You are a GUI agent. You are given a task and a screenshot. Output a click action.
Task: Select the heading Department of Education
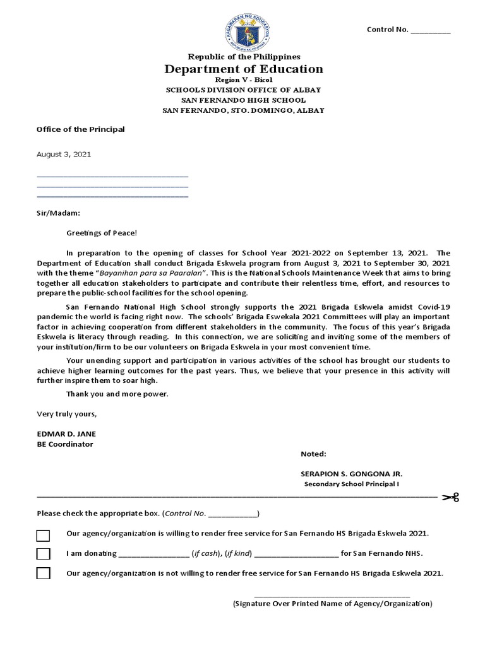coord(243,69)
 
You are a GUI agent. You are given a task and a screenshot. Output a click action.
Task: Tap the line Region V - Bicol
coord(243,81)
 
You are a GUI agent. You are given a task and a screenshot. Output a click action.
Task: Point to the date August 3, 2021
coord(59,153)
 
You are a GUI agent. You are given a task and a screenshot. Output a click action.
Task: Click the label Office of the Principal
coord(81,129)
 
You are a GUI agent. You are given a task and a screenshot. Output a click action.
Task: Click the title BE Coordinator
coord(65,444)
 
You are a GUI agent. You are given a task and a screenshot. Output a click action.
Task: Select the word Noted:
coord(314,454)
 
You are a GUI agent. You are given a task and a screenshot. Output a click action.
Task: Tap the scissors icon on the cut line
coord(450,497)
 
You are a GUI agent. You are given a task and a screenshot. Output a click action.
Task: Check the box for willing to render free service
coord(43,536)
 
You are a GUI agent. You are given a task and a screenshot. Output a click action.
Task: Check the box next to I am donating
coord(43,554)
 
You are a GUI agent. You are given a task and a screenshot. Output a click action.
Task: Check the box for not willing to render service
coord(43,573)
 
